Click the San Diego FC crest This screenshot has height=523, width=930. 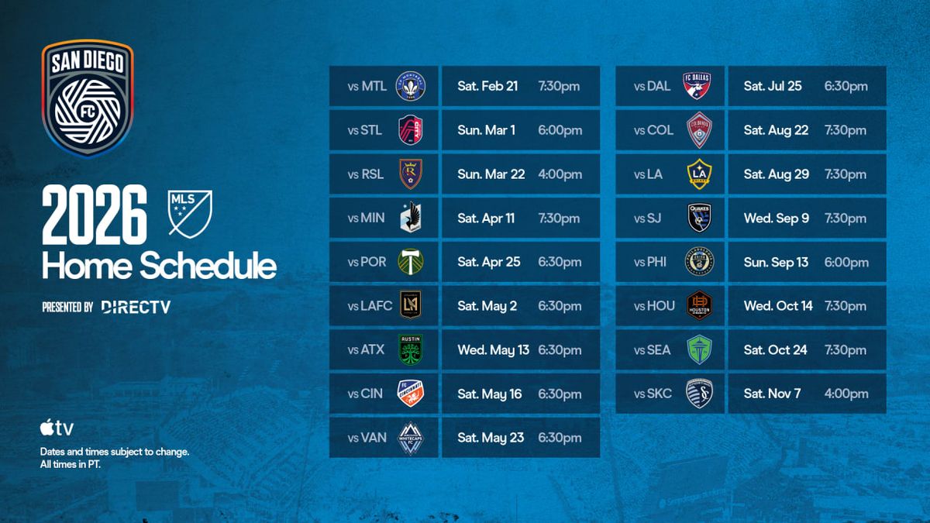(x=88, y=99)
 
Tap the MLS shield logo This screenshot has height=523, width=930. (x=190, y=214)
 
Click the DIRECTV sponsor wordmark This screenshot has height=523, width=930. (x=136, y=307)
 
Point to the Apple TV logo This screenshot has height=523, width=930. (x=57, y=428)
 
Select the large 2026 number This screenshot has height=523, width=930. (x=95, y=215)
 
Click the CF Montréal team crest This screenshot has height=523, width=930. (x=410, y=86)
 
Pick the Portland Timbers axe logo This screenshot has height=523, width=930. (x=410, y=262)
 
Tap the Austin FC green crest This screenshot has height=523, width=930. (x=410, y=349)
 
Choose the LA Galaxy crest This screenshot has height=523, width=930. (x=699, y=174)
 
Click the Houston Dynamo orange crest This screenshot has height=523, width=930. (x=699, y=305)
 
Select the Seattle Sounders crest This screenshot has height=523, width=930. (x=699, y=349)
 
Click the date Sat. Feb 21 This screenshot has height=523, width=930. (x=487, y=86)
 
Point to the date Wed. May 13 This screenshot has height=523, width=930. (x=493, y=350)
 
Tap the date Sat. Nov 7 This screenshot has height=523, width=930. (x=772, y=394)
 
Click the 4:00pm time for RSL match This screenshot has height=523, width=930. (x=560, y=174)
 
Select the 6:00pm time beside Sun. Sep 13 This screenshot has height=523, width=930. (x=846, y=263)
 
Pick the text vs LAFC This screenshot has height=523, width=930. (x=370, y=306)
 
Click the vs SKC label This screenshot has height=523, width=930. (x=653, y=394)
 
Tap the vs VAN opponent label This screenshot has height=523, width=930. (x=367, y=438)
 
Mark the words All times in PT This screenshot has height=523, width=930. (x=71, y=464)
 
